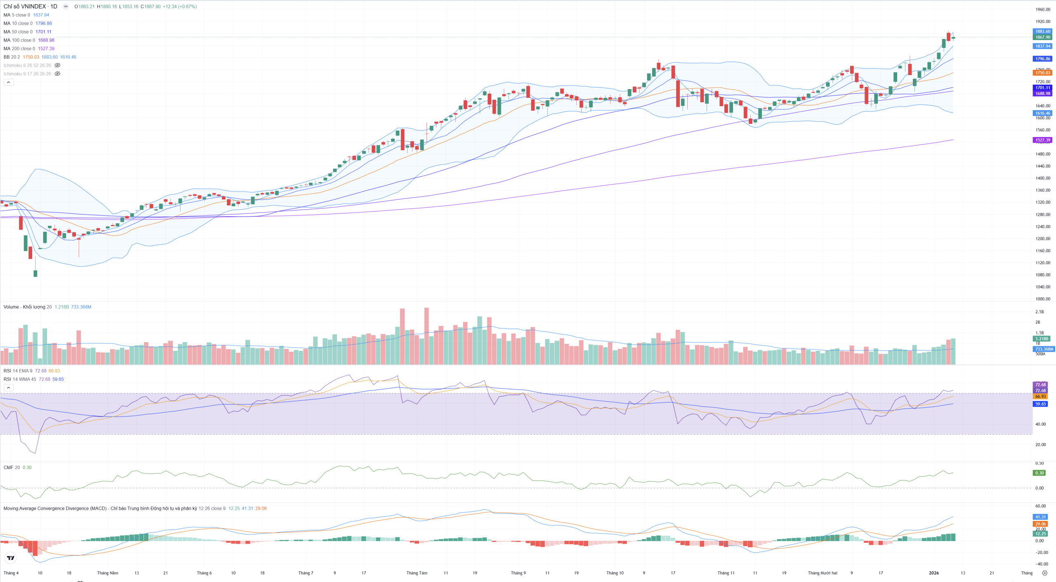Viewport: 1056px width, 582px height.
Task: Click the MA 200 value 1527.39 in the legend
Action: pyautogui.click(x=46, y=49)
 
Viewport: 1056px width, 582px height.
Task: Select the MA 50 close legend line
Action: pyautogui.click(x=18, y=32)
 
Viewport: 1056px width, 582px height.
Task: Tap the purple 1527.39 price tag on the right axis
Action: pyautogui.click(x=1042, y=140)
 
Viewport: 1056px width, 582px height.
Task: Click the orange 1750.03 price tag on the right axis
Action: pyautogui.click(x=1042, y=73)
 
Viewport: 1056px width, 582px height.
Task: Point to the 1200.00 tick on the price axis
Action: pyautogui.click(x=1042, y=239)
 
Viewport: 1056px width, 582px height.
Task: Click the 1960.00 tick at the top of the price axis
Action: pyautogui.click(x=1042, y=9)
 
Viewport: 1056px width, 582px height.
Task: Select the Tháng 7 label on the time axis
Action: pyautogui.click(x=306, y=573)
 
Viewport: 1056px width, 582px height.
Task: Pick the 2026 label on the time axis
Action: pyautogui.click(x=933, y=573)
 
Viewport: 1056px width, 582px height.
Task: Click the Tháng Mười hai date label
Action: pyautogui.click(x=823, y=573)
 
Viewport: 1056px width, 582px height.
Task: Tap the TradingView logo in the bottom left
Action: pyautogui.click(x=11, y=558)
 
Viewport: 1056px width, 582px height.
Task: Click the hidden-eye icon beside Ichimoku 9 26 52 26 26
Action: pyautogui.click(x=58, y=66)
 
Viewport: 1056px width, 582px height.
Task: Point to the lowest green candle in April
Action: pyautogui.click(x=35, y=273)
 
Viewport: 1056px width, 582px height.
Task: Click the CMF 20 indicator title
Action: pyautogui.click(x=12, y=468)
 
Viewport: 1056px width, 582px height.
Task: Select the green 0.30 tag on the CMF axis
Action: pyautogui.click(x=1039, y=473)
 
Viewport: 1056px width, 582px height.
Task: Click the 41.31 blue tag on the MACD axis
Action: pyautogui.click(x=1040, y=517)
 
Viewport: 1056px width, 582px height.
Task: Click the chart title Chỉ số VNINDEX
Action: pyautogui.click(x=25, y=7)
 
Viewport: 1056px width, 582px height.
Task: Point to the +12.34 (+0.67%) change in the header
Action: pyautogui.click(x=180, y=7)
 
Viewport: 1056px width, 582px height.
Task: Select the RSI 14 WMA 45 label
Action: pyautogui.click(x=20, y=379)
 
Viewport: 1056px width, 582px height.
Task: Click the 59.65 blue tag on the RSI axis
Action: pyautogui.click(x=1040, y=404)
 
